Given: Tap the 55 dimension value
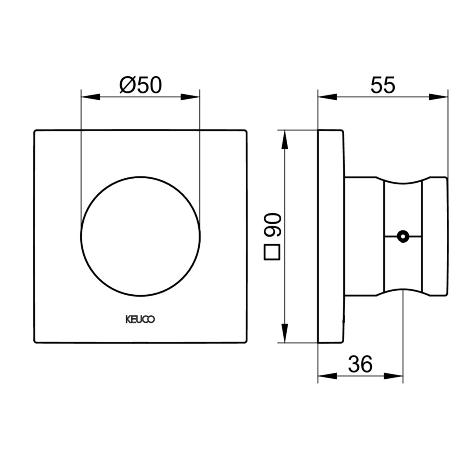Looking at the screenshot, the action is tap(382, 85).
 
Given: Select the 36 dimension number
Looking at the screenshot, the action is tap(360, 364).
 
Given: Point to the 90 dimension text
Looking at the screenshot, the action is tap(272, 224).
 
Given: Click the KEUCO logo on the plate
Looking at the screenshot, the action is tap(140, 319).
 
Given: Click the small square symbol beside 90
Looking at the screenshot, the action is tap(272, 252).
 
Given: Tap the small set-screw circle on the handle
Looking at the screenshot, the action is tap(403, 236).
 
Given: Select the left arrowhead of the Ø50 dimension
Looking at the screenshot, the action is tap(91, 97).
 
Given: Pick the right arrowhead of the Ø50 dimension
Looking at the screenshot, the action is tap(191, 97).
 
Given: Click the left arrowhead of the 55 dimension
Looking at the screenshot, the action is tap(327, 97).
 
